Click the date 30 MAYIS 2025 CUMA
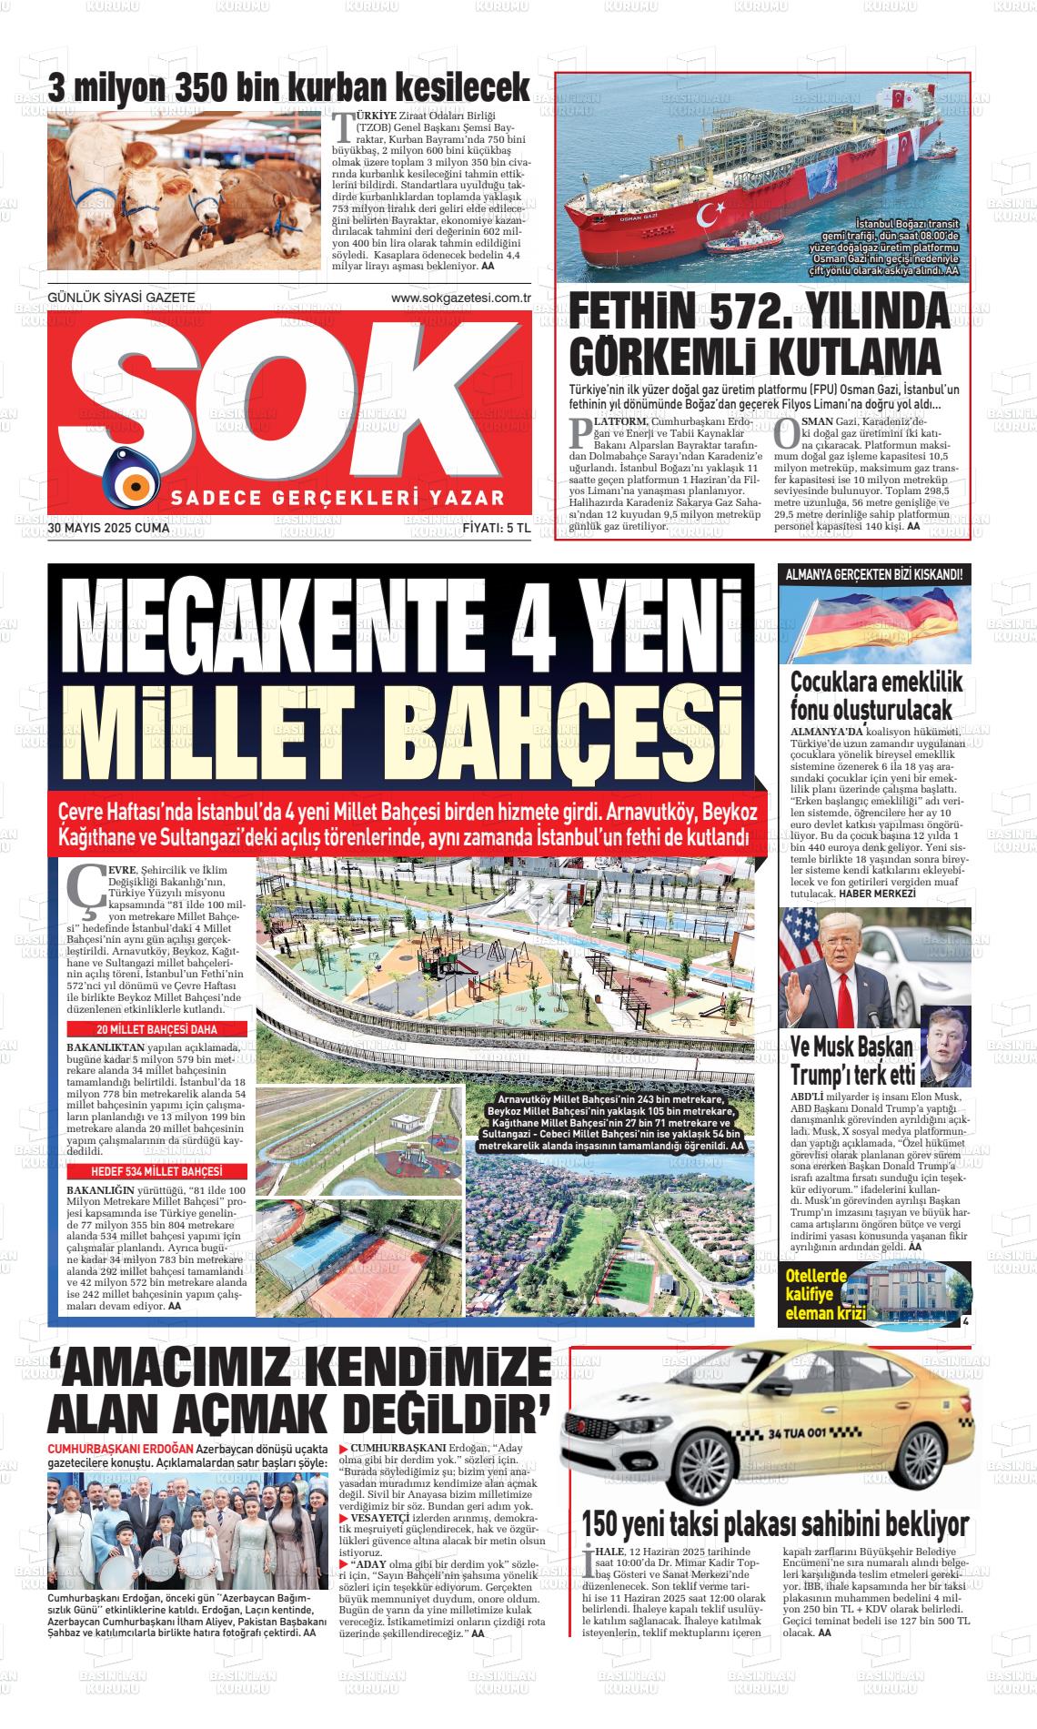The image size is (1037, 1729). pos(103,527)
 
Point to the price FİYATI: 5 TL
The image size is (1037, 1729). pos(496,527)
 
